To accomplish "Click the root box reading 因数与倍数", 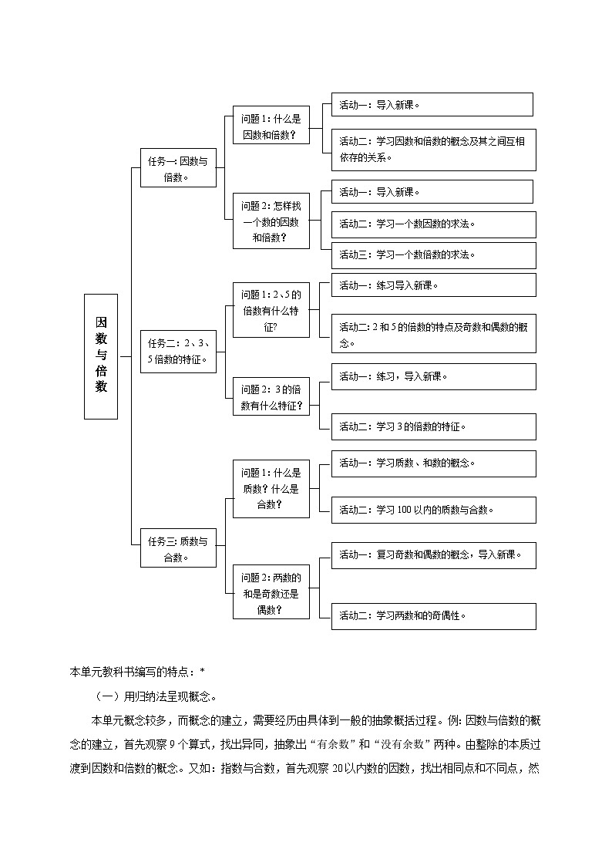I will pyautogui.click(x=101, y=355).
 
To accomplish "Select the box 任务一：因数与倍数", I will pyautogui.click(x=178, y=167).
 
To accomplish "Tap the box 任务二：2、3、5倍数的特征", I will pyautogui.click(x=178, y=351).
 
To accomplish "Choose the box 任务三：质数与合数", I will pyautogui.click(x=178, y=548).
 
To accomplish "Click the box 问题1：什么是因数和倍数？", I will pyautogui.click(x=271, y=125).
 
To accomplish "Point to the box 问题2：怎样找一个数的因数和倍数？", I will pyautogui.click(x=271, y=221).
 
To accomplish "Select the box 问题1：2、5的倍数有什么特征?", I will pyautogui.click(x=271, y=310).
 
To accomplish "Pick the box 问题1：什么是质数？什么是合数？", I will pyautogui.click(x=271, y=488).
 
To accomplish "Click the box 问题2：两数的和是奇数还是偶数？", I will pyautogui.click(x=271, y=592).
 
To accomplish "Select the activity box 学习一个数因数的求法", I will pyautogui.click(x=433, y=224).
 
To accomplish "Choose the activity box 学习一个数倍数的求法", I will pyautogui.click(x=433, y=255).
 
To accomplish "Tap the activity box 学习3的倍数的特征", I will pyautogui.click(x=433, y=426).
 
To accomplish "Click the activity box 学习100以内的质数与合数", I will pyautogui.click(x=433, y=510).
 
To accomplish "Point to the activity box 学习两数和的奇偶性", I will pyautogui.click(x=433, y=615).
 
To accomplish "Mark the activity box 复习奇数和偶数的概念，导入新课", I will pyautogui.click(x=433, y=555).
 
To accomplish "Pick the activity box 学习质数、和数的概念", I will pyautogui.click(x=433, y=463).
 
